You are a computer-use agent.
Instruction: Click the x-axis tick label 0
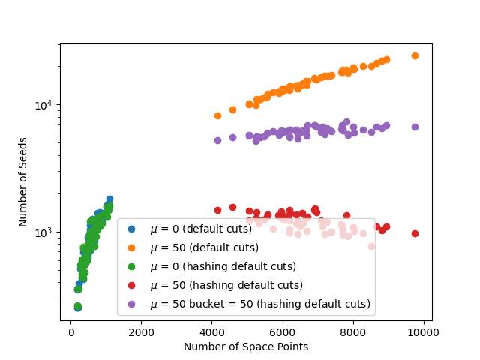pyautogui.click(x=71, y=332)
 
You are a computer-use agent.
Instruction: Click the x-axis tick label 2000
pyautogui.click(x=142, y=332)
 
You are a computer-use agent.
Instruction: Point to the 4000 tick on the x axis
pyautogui.click(x=212, y=332)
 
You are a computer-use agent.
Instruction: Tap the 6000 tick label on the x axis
pyautogui.click(x=283, y=332)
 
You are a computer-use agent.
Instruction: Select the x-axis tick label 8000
pyautogui.click(x=353, y=332)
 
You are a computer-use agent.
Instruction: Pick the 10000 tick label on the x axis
pyautogui.click(x=424, y=332)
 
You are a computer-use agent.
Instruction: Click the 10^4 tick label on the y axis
pyautogui.click(x=43, y=104)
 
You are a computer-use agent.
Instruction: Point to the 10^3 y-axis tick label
pyautogui.click(x=43, y=232)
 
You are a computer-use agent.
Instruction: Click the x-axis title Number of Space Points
pyautogui.click(x=246, y=346)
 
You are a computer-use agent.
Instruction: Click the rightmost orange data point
pyautogui.click(x=415, y=56)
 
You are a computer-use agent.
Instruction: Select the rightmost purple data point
pyautogui.click(x=415, y=127)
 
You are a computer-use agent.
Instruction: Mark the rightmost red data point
pyautogui.click(x=415, y=233)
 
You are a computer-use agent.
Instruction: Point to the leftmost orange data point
pyautogui.click(x=217, y=115)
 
